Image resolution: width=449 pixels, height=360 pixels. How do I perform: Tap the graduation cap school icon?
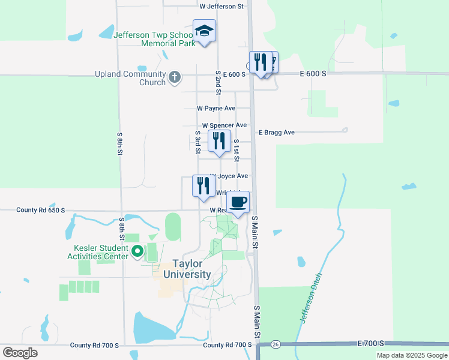(x=204, y=31)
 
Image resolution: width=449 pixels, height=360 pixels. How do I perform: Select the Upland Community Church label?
(x=130, y=79)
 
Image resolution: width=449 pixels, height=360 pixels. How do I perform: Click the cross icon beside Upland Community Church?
(x=174, y=77)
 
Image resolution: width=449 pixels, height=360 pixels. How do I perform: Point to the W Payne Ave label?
(x=216, y=109)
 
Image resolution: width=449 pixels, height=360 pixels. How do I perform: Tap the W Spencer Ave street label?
(x=224, y=125)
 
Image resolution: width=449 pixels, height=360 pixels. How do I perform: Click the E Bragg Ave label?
(x=277, y=132)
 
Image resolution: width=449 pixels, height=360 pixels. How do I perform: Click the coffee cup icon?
(x=238, y=202)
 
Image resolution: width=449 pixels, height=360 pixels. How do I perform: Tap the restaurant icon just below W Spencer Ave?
(x=219, y=141)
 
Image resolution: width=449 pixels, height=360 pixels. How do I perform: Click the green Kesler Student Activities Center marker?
(x=137, y=252)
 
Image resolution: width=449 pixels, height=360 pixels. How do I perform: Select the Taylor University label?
(x=191, y=269)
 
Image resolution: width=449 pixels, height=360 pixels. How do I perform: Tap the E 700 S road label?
(x=370, y=344)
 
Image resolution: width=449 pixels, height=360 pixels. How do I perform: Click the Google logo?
(x=20, y=353)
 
